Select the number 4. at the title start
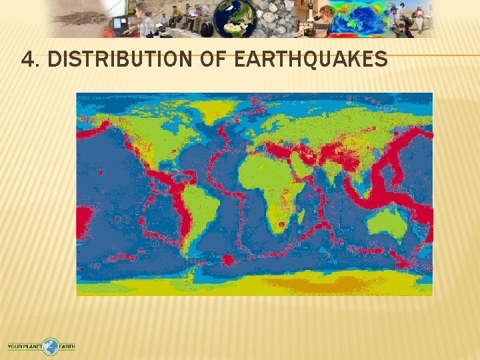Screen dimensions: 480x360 31,61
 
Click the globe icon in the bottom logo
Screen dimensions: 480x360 51,347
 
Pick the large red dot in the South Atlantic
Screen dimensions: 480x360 228,260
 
